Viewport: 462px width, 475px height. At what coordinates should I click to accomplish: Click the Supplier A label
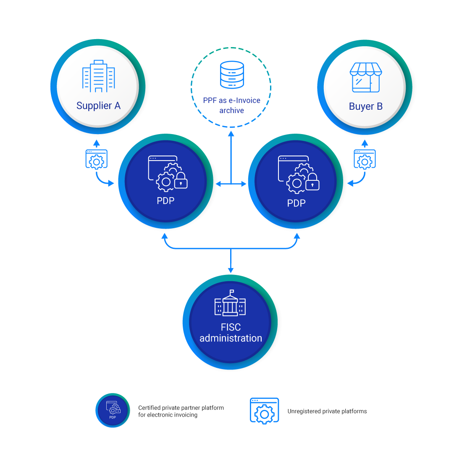tap(98, 106)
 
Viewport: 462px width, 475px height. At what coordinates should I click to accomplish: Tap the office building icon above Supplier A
tap(98, 76)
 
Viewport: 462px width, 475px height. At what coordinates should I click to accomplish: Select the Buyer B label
tap(365, 106)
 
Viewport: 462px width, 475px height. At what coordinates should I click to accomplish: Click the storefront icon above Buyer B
tap(366, 77)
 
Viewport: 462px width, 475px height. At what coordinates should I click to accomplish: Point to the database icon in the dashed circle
tap(232, 75)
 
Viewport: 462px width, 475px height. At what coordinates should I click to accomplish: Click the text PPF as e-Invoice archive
tap(231, 106)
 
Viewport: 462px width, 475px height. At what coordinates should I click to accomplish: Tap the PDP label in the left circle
tap(165, 201)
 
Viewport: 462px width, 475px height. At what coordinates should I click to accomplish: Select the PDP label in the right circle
tap(296, 203)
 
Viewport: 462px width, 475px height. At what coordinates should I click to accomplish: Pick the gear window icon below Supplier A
tap(96, 159)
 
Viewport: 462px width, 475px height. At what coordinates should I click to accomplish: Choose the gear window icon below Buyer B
tap(365, 159)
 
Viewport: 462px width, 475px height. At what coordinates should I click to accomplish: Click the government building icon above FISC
tap(230, 303)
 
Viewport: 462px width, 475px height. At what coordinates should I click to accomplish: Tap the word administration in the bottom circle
tap(231, 338)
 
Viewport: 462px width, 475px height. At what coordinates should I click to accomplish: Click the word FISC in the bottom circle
tap(231, 327)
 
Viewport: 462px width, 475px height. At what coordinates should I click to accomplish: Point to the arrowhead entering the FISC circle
tap(231, 269)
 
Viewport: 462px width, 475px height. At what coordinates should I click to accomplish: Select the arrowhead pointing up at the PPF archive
tap(231, 134)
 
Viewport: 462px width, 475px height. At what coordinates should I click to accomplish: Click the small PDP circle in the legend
tap(113, 410)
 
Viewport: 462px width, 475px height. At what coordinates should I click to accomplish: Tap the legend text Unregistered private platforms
tap(327, 412)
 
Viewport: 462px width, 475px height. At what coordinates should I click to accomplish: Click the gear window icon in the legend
tap(264, 411)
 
